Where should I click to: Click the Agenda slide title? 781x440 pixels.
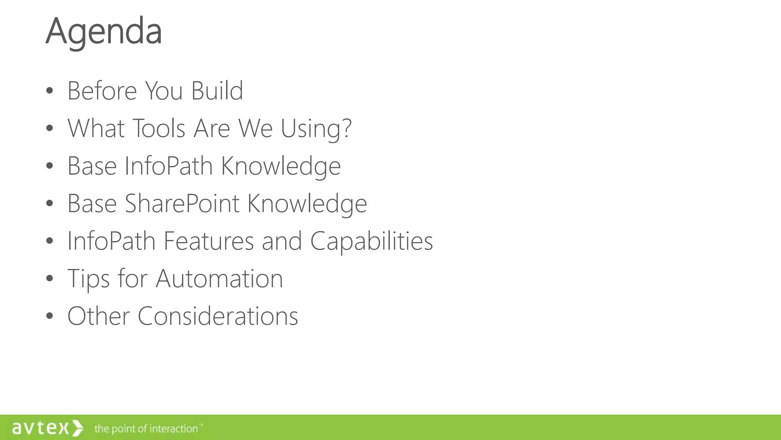tap(104, 31)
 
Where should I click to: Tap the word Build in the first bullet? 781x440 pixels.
tap(217, 91)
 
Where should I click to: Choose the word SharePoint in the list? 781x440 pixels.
tap(182, 203)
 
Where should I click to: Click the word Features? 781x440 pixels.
tap(209, 241)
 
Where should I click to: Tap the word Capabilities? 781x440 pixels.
tap(371, 241)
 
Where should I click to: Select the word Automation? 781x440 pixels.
tap(219, 278)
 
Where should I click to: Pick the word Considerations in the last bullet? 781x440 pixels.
tap(218, 316)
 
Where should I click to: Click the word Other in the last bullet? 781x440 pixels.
tap(99, 316)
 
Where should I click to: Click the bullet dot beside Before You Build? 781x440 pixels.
tap(49, 91)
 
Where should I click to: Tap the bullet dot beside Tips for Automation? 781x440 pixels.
tap(49, 278)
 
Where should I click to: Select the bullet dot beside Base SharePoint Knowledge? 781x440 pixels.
tap(49, 203)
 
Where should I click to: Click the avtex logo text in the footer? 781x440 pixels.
tap(40, 428)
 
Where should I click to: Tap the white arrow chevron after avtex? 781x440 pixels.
tap(77, 428)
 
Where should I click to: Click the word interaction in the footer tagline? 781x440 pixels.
tap(173, 429)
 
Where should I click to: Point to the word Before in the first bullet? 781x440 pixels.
tap(102, 91)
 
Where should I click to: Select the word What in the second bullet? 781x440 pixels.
tap(96, 128)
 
